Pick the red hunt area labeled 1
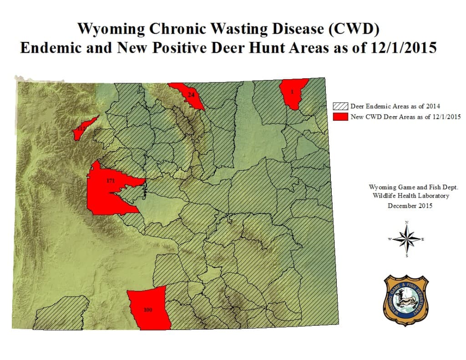293,92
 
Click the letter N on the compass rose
406,222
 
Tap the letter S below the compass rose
406,256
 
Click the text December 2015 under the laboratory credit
410,206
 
